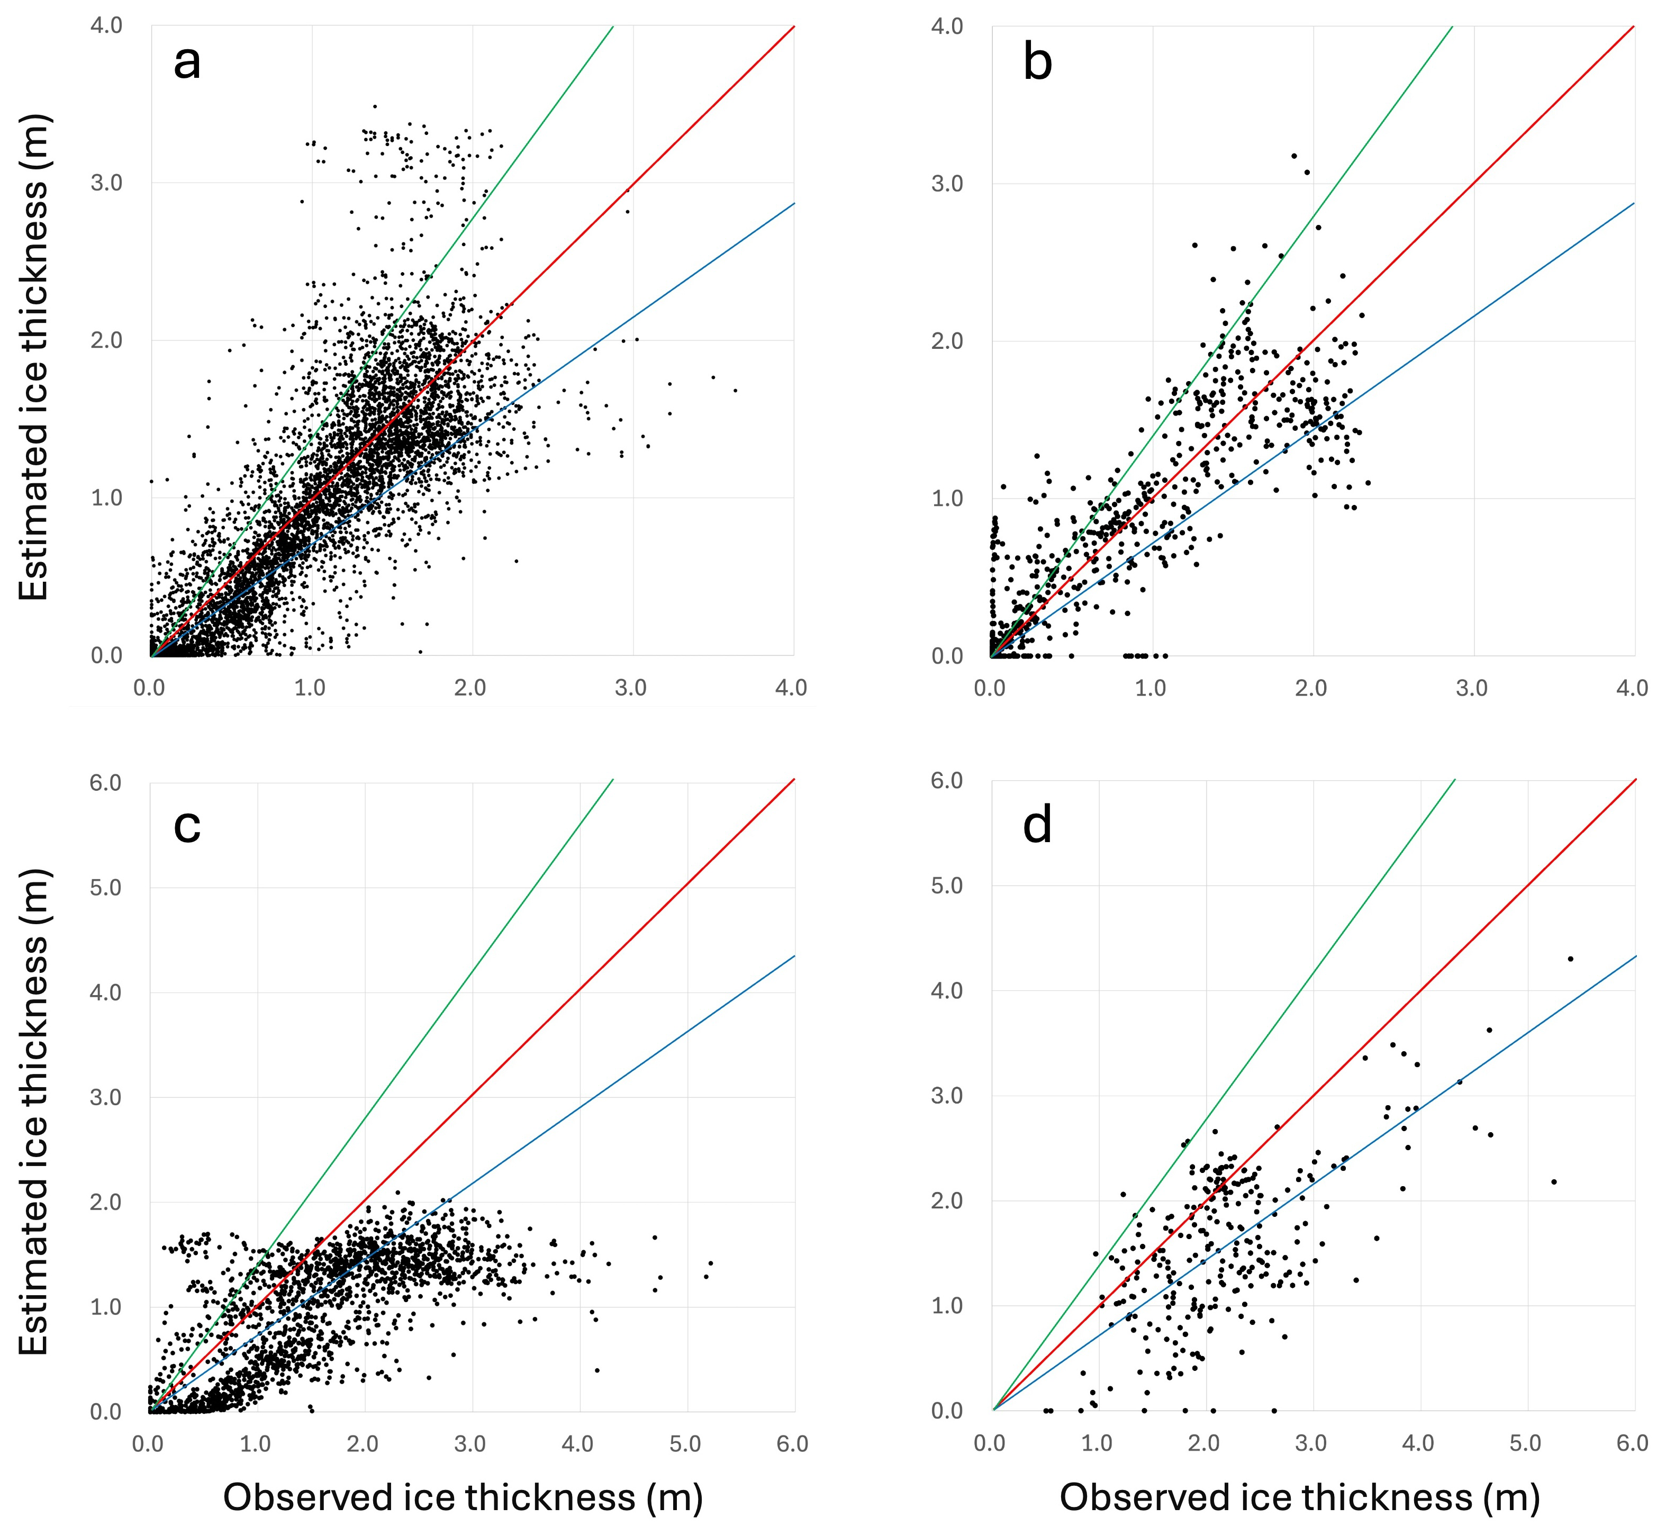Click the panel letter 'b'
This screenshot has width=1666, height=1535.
click(x=1037, y=63)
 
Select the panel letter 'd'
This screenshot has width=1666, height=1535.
click(x=1037, y=825)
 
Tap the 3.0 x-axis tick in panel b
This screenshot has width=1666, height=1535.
click(x=1472, y=689)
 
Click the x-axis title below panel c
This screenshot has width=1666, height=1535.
click(x=464, y=1497)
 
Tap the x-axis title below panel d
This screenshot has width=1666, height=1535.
click(x=1300, y=1497)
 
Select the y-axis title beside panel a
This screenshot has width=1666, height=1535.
click(x=35, y=357)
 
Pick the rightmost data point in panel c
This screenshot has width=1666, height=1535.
click(x=711, y=1263)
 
